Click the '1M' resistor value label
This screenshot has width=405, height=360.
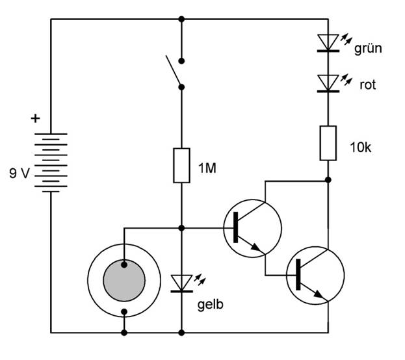(207, 168)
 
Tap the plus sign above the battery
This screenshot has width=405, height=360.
(35, 119)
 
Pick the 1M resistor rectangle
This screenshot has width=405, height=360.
(181, 166)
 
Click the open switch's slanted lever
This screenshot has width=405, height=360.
(174, 72)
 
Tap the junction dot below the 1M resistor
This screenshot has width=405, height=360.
(181, 228)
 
